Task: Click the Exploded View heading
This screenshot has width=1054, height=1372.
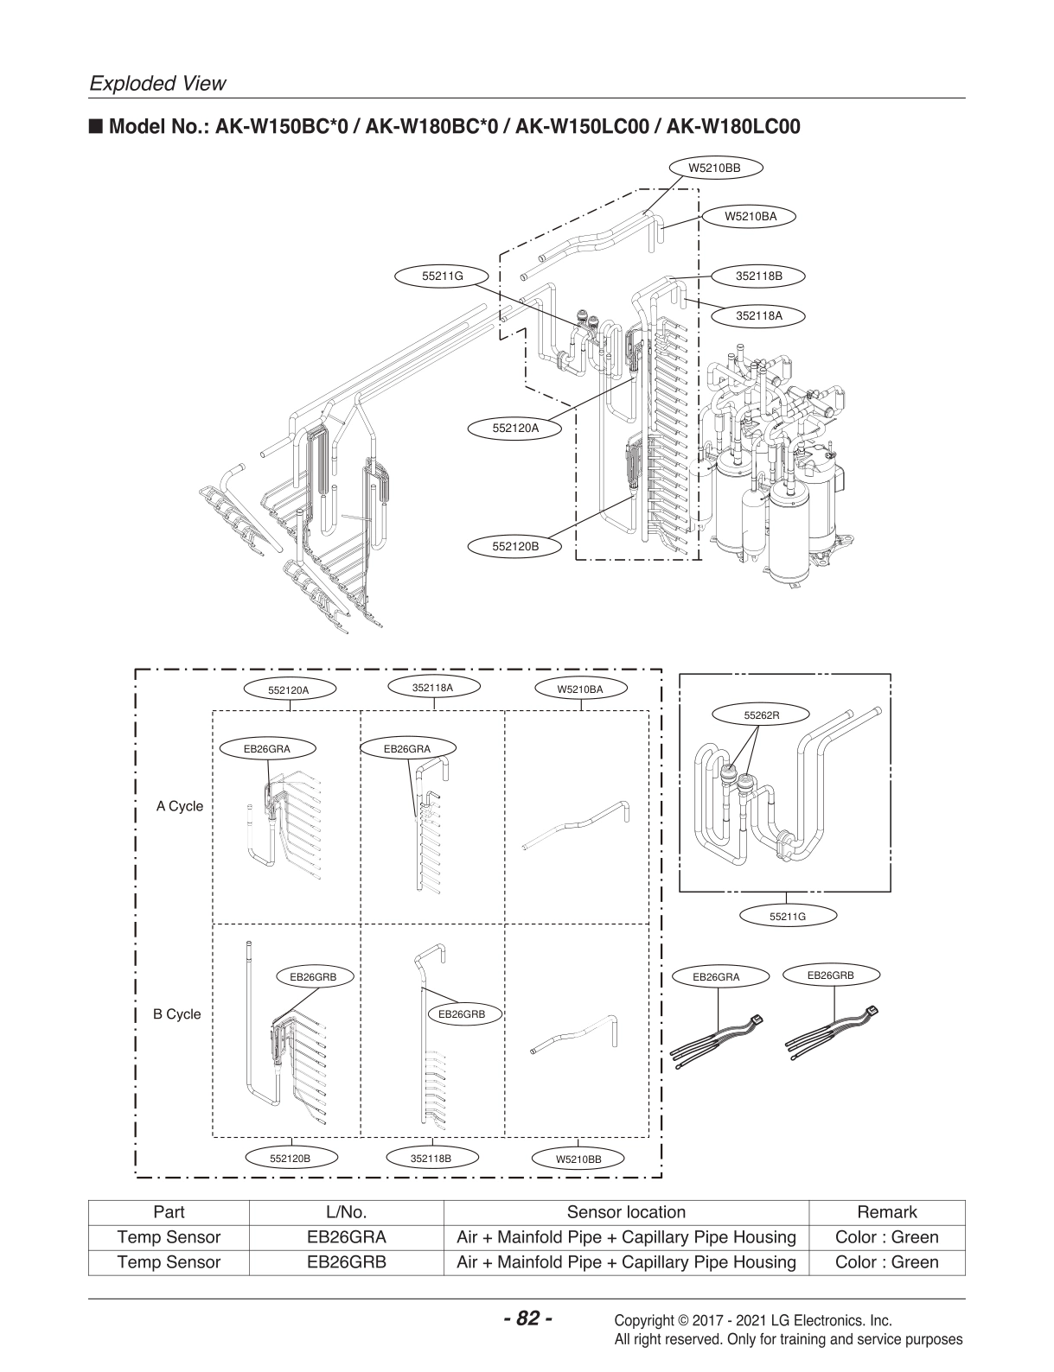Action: pyautogui.click(x=157, y=84)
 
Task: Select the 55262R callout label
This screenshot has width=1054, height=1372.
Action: pyautogui.click(x=762, y=715)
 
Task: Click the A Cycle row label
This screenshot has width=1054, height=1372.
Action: pyautogui.click(x=180, y=806)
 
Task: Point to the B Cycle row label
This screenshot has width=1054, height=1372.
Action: pyautogui.click(x=177, y=1014)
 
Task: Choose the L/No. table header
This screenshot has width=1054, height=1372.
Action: pyautogui.click(x=346, y=1212)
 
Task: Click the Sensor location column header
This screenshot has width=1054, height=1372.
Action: pyautogui.click(x=626, y=1212)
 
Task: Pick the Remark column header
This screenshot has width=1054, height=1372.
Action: pyautogui.click(x=886, y=1212)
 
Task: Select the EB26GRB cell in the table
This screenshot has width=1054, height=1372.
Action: pyautogui.click(x=346, y=1262)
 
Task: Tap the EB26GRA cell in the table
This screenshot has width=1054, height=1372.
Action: pyautogui.click(x=346, y=1237)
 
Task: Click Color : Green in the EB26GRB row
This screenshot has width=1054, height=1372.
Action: pyautogui.click(x=886, y=1262)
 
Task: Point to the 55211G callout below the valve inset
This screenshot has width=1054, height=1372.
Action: pyautogui.click(x=787, y=917)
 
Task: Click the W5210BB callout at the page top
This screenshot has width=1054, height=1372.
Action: pyautogui.click(x=713, y=168)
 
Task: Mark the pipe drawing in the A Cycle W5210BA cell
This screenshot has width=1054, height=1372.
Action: pyautogui.click(x=577, y=827)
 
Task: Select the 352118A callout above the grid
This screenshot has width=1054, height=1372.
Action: pyautogui.click(x=432, y=688)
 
